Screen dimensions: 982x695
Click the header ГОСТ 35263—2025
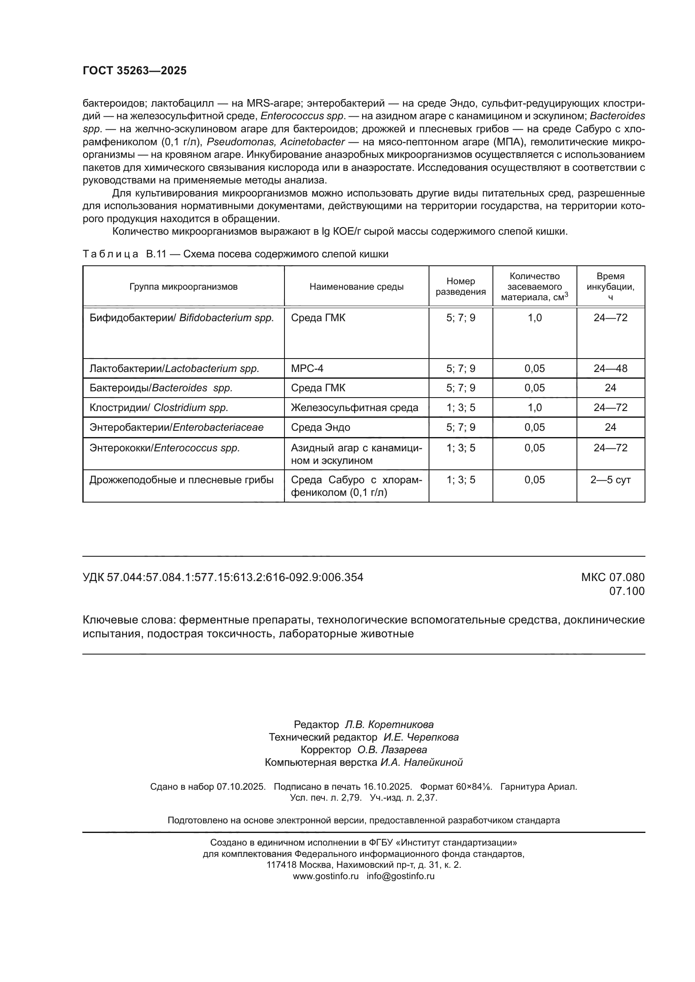pyautogui.click(x=134, y=71)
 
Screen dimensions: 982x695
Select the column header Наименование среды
pyautogui.click(x=356, y=287)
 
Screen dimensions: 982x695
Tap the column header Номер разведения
pyautogui.click(x=461, y=287)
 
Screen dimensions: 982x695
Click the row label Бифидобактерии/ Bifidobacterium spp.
pyautogui.click(x=182, y=318)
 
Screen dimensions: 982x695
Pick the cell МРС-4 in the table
pyautogui.click(x=307, y=368)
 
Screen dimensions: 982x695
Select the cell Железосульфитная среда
pyautogui.click(x=354, y=408)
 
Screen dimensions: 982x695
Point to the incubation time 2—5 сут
pyautogui.click(x=610, y=480)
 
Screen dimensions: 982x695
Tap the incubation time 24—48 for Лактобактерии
pyautogui.click(x=610, y=368)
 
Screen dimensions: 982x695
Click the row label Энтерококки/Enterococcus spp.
pyautogui.click(x=164, y=448)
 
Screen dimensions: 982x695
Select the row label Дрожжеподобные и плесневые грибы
pyautogui.click(x=182, y=480)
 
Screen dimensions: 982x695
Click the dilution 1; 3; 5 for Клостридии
pyautogui.click(x=461, y=408)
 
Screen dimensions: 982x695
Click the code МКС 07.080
pyautogui.click(x=612, y=577)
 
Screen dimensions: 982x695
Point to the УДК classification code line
pyautogui.click(x=223, y=577)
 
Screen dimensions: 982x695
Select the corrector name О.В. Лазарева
pyautogui.click(x=392, y=750)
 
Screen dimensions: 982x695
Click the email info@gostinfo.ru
pyautogui.click(x=400, y=876)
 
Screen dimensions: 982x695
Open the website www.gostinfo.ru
pyautogui.click(x=326, y=876)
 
